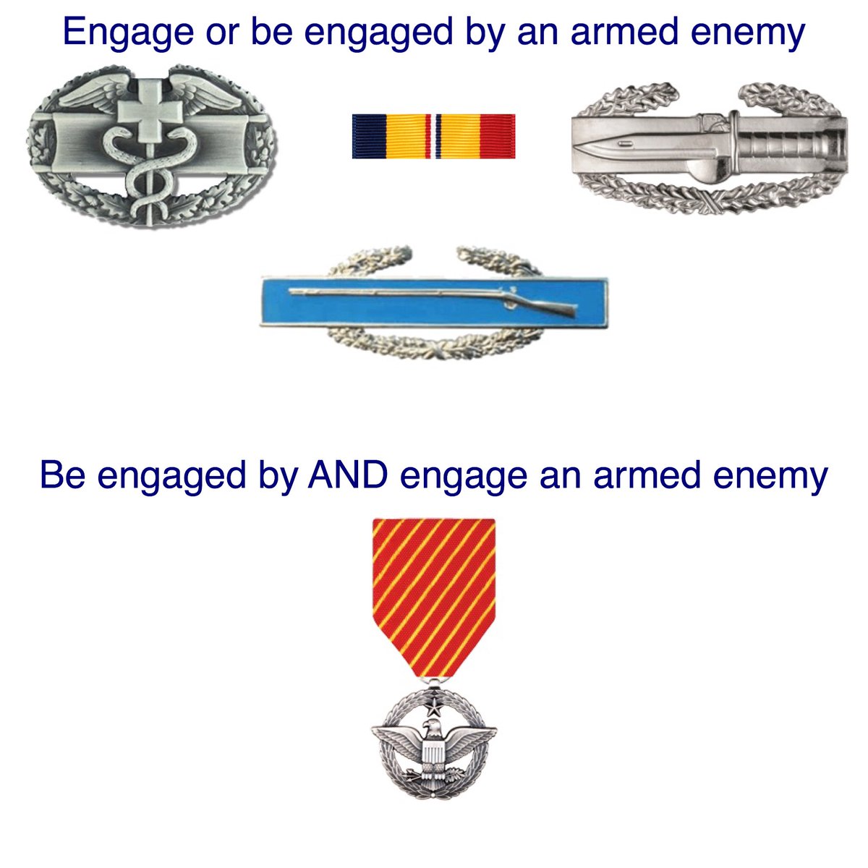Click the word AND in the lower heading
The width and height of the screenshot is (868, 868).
[x=345, y=475]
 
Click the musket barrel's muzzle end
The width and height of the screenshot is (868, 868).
[x=292, y=292]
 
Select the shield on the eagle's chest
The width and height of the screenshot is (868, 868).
[x=433, y=755]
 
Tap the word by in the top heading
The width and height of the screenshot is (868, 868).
[x=481, y=32]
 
